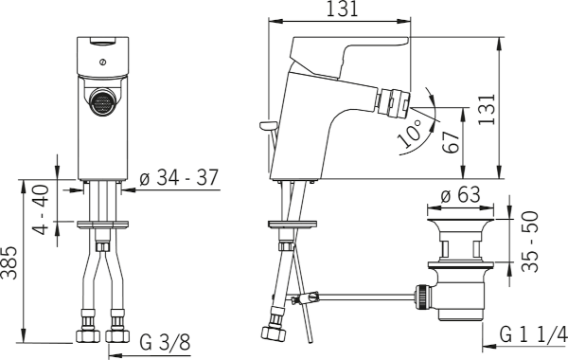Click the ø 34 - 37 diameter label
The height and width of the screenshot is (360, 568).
[179, 178]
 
